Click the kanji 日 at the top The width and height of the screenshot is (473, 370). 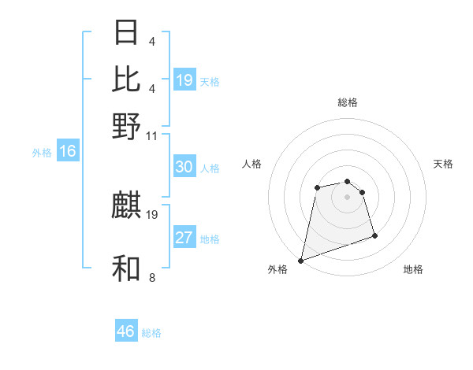127,33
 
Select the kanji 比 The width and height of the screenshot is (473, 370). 127,78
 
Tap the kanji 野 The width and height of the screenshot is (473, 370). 127,125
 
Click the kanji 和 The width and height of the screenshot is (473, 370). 127,268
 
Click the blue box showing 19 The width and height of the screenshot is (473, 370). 184,80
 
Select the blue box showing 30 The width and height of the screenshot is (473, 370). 184,167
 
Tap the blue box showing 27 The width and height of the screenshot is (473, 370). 184,238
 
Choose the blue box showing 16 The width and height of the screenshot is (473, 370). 67,151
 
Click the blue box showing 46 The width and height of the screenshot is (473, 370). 126,331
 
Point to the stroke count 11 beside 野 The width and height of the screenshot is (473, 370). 153,135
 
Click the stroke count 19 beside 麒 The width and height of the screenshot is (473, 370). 153,214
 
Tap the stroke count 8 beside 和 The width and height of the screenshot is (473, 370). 151,277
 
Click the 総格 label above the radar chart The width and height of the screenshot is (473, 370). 348,102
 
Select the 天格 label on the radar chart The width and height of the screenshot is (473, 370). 444,164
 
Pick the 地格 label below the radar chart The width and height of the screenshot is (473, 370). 413,269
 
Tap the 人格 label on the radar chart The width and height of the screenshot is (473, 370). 251,164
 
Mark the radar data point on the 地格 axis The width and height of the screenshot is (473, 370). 374,235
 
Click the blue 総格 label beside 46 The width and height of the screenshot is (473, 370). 151,333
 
